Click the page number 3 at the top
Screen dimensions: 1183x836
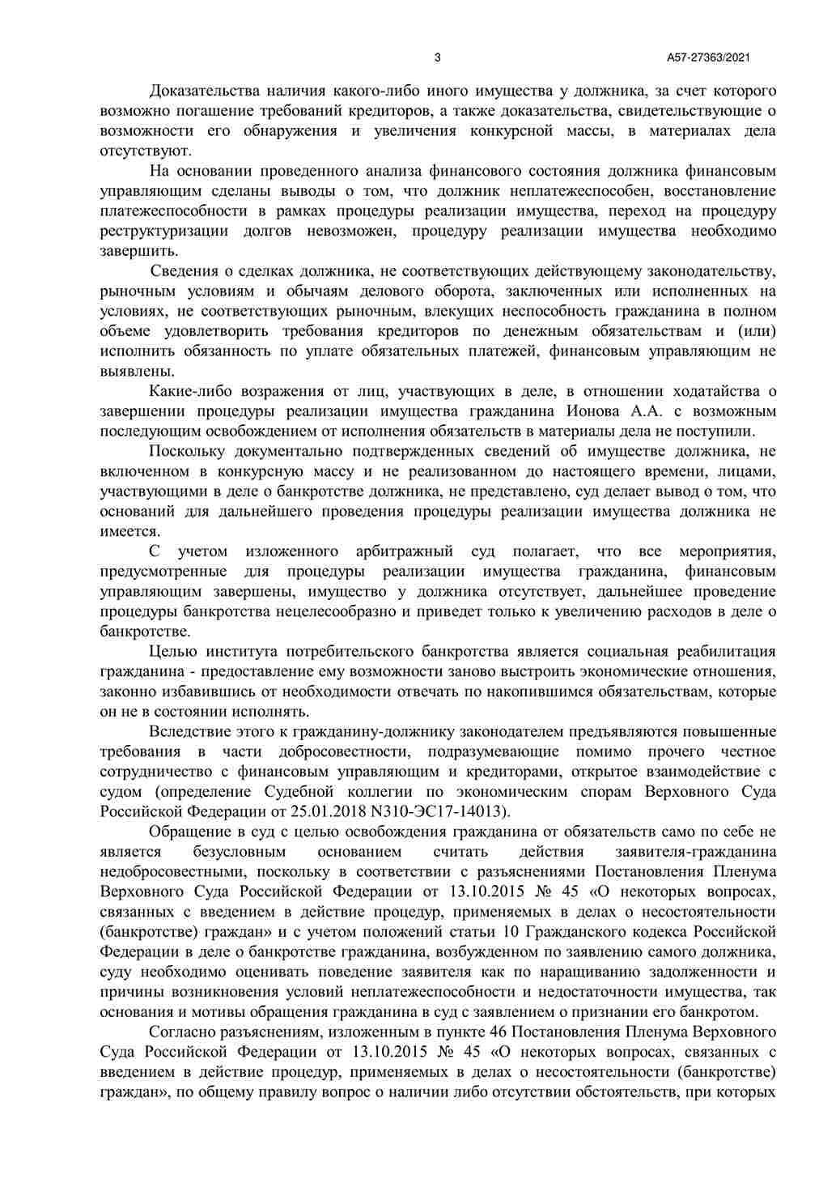click(x=438, y=57)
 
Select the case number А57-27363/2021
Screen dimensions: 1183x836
click(x=708, y=57)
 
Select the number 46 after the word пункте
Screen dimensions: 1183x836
click(x=499, y=1032)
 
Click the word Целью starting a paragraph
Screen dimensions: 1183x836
click(x=172, y=652)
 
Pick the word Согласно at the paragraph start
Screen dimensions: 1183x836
click(x=181, y=1032)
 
